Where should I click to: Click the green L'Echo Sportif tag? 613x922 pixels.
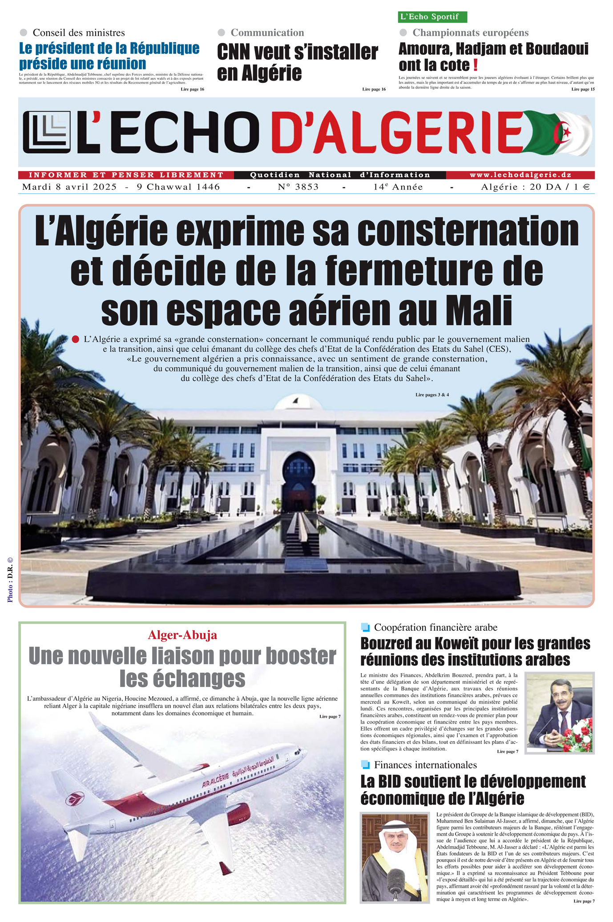point(432,17)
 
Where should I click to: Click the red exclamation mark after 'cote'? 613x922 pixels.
point(476,65)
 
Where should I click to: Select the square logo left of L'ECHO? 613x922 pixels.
point(46,132)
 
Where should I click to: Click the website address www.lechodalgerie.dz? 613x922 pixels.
point(520,175)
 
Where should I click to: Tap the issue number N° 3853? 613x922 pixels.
point(298,187)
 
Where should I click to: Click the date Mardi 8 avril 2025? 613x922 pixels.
point(69,187)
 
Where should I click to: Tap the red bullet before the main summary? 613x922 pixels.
point(75,339)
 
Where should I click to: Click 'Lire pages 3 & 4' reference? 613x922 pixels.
point(432,394)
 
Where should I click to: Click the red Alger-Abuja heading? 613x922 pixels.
point(182,635)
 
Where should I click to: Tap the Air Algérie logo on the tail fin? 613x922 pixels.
point(75,799)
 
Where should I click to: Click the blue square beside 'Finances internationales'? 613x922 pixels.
point(366,765)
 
